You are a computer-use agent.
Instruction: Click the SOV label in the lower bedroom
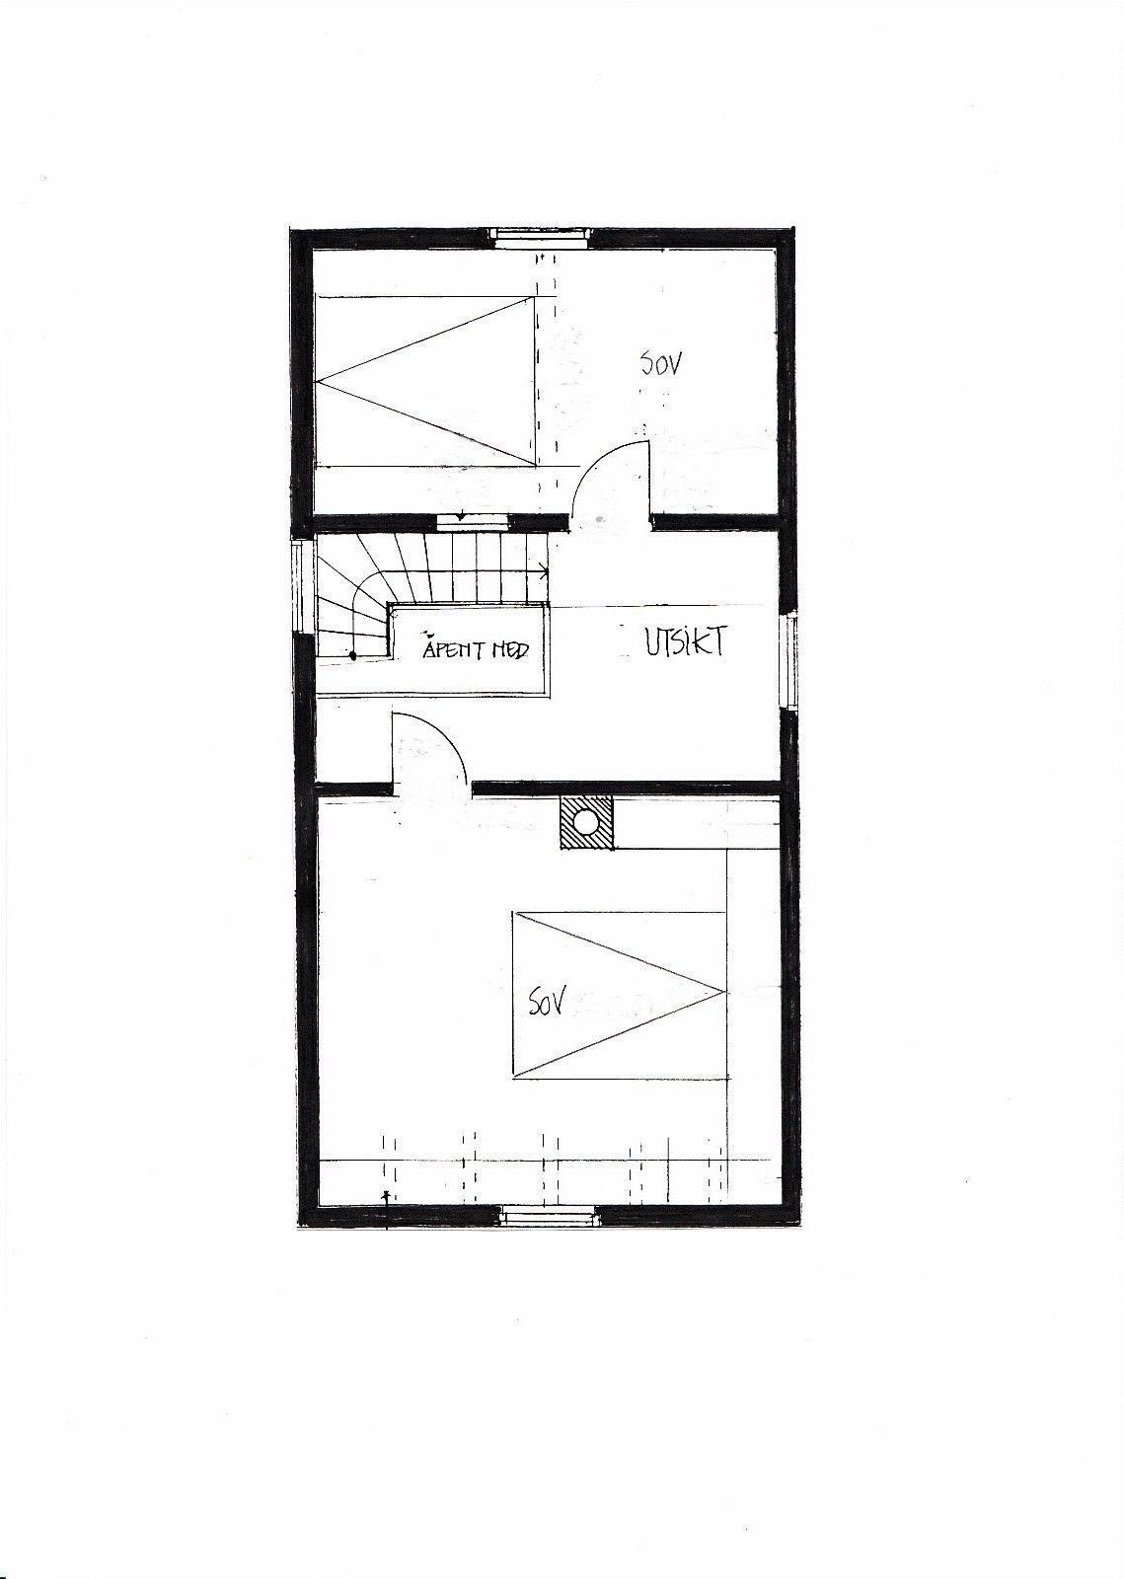coord(546,1005)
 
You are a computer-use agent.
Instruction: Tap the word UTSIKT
coord(686,642)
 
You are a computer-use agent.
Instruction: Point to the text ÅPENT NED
coord(476,650)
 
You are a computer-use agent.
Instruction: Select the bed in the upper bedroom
coord(425,381)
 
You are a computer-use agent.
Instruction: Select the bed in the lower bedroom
coord(619,994)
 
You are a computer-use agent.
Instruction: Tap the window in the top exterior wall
coord(541,235)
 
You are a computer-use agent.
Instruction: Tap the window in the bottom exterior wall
coord(547,1215)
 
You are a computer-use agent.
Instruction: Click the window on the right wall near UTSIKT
coord(788,660)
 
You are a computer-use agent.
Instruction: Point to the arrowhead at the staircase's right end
coord(543,569)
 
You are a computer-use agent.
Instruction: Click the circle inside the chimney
coord(586,821)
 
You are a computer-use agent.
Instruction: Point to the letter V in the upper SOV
coord(676,363)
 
